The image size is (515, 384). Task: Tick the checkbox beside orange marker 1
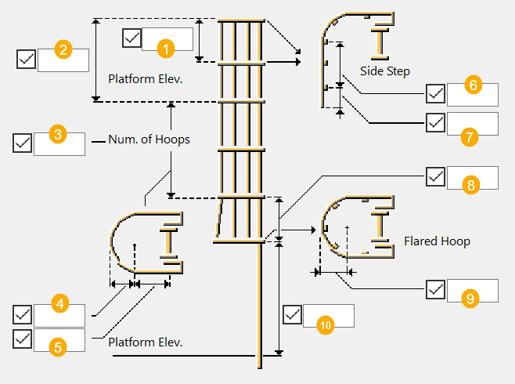pyautogui.click(x=132, y=38)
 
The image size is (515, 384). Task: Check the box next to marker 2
pyautogui.click(x=26, y=59)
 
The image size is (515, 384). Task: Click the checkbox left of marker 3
pyautogui.click(x=23, y=143)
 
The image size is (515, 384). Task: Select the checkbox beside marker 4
pyautogui.click(x=23, y=315)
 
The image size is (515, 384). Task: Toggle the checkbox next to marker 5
pyautogui.click(x=23, y=339)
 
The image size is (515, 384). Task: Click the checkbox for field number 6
pyautogui.click(x=436, y=94)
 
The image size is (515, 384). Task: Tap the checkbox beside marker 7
pyautogui.click(x=436, y=123)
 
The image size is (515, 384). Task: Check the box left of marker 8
pyautogui.click(x=436, y=177)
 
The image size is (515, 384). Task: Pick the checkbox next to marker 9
pyautogui.click(x=436, y=289)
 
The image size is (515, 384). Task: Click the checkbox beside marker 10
pyautogui.click(x=292, y=315)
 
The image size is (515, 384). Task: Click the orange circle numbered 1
pyautogui.click(x=165, y=48)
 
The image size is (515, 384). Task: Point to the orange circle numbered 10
pyautogui.click(x=326, y=324)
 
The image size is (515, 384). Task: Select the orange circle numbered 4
pyautogui.click(x=59, y=302)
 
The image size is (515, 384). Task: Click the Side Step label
pyautogui.click(x=385, y=71)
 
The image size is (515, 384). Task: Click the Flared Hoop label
pyautogui.click(x=437, y=241)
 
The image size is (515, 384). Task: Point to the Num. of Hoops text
pyautogui.click(x=149, y=139)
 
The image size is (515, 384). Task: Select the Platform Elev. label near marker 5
pyautogui.click(x=145, y=342)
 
